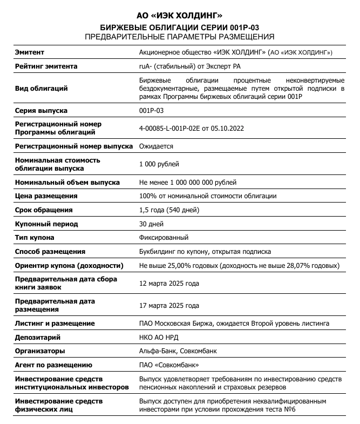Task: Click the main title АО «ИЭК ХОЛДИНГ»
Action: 180,16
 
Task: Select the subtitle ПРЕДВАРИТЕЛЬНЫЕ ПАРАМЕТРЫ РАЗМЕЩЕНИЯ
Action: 180,37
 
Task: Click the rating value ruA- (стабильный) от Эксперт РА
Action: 189,66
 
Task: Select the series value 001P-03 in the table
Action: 151,111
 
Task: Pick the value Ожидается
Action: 156,146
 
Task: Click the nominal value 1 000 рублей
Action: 159,164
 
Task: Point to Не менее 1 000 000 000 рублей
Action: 188,183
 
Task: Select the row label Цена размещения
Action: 46,196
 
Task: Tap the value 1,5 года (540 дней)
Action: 169,210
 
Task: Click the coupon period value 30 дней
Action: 152,224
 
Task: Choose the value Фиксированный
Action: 164,238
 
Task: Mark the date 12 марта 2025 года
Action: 169,283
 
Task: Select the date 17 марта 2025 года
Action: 169,306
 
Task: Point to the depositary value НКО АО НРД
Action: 159,337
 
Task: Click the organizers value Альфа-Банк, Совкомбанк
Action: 178,351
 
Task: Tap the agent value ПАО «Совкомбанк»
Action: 165,365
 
